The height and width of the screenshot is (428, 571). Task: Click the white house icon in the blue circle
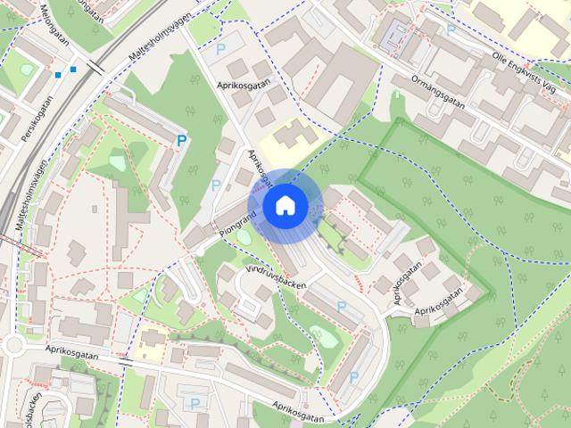coord(285,205)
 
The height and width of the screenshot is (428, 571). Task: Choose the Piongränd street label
coord(236,224)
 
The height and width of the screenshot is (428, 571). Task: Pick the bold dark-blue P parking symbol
coord(182,140)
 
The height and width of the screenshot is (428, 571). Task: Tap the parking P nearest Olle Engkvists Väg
coord(451,29)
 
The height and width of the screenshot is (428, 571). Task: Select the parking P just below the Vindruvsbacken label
coord(342,306)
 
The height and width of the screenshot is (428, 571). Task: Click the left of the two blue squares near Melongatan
coord(58,75)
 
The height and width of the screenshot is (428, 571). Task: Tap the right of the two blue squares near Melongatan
coord(73,68)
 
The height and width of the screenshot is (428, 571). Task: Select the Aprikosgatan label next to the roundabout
coord(76,353)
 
